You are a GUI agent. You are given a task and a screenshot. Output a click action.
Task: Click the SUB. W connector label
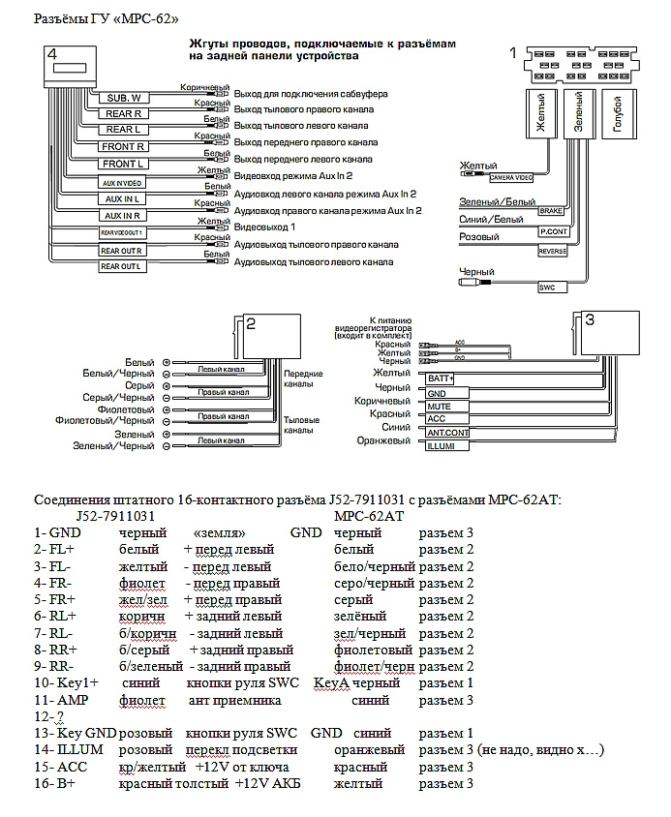[124, 98]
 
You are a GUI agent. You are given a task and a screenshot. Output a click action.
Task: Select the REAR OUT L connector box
[122, 266]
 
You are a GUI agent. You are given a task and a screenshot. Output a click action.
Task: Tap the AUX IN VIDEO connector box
[122, 182]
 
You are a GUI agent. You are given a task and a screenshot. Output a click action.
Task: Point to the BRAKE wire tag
[551, 210]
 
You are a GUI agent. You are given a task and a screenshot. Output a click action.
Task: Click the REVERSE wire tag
[552, 252]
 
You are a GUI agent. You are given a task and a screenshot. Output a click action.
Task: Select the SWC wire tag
[547, 287]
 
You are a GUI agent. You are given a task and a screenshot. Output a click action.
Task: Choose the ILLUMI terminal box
[441, 446]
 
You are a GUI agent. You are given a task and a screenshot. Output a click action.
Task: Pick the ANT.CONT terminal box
[446, 432]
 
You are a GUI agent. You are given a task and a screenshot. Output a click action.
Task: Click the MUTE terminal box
[439, 407]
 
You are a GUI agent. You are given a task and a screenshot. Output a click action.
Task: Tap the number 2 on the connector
[251, 325]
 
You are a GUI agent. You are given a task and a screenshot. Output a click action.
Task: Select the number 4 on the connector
[52, 54]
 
